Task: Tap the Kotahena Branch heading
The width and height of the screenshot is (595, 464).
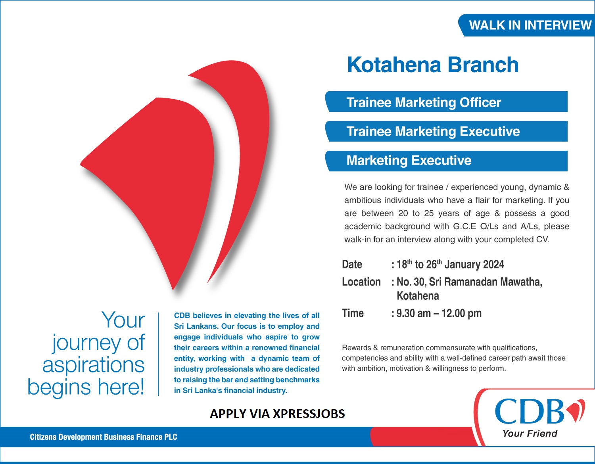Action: click(433, 65)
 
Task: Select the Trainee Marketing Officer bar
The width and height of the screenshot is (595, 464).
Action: click(446, 102)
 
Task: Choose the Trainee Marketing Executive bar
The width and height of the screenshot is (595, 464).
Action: click(446, 131)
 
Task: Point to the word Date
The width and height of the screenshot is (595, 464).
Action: click(352, 265)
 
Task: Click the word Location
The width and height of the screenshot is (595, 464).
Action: click(361, 282)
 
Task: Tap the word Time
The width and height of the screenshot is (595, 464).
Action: click(353, 313)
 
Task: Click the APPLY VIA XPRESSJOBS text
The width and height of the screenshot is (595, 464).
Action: click(277, 414)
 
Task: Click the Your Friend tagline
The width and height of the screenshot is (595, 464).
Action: click(530, 433)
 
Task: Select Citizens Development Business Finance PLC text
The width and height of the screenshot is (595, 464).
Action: click(104, 437)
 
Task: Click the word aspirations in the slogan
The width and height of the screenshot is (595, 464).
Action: click(94, 365)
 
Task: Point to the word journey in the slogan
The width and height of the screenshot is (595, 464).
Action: click(86, 343)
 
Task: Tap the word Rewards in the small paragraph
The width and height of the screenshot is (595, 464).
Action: click(356, 348)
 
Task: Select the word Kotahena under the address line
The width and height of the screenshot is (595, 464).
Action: click(418, 296)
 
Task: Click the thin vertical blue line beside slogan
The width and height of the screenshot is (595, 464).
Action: click(158, 354)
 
